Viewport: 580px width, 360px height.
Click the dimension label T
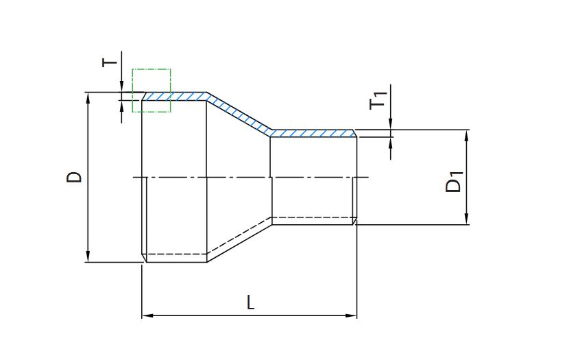110,62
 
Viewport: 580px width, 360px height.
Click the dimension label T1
378,100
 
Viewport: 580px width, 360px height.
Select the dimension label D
74,177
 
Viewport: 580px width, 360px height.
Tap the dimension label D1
454,181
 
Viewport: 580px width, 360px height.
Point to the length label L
251,302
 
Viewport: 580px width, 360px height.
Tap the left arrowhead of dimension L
147,315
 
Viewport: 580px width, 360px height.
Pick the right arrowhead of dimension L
351,315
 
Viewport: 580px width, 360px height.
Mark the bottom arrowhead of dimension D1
466,219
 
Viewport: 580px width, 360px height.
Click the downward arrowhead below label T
121,86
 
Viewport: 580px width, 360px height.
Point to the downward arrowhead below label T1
391,124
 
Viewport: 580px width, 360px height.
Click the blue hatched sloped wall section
239,115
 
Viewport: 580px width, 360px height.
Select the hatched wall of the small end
313,133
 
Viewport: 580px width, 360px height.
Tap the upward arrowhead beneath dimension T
121,106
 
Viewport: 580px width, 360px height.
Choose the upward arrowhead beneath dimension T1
391,143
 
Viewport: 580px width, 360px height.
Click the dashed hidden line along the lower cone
239,236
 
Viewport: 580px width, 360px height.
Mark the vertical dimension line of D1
466,177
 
